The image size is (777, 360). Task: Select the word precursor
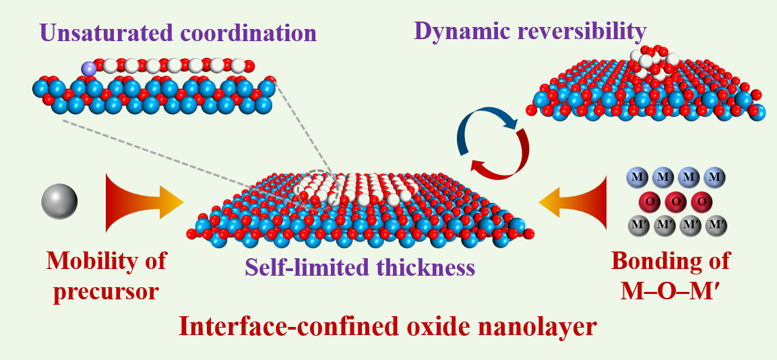coord(106,292)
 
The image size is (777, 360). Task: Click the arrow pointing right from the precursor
coord(144,202)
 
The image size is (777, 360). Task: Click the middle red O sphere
coord(676,202)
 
